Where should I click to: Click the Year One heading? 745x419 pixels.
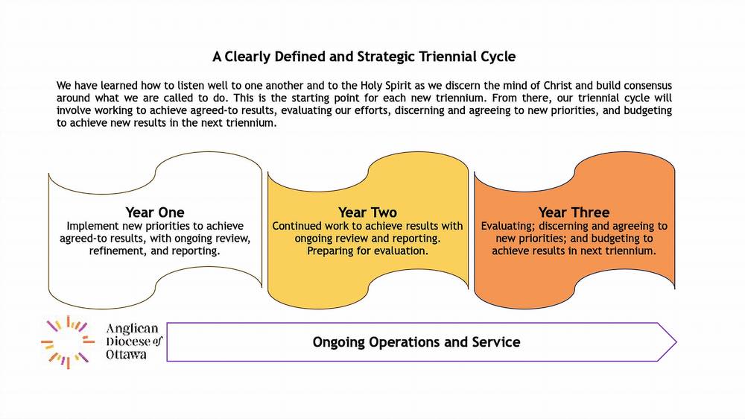click(155, 212)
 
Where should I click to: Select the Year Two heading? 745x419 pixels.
click(367, 212)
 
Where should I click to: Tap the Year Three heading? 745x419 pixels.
click(574, 212)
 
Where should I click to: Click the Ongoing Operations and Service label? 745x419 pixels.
click(416, 342)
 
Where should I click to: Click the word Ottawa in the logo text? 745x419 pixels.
click(127, 355)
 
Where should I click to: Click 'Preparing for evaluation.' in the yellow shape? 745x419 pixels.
click(367, 252)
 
